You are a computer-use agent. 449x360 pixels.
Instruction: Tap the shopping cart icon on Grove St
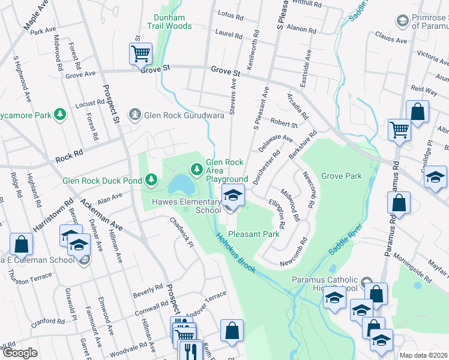140,54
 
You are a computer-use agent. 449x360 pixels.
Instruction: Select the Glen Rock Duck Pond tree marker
152,179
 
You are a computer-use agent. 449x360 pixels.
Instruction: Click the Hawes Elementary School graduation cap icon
233,194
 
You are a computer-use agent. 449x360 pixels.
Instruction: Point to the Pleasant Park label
254,234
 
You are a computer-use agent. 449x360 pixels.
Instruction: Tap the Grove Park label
341,176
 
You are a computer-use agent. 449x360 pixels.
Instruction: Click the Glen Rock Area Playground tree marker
196,170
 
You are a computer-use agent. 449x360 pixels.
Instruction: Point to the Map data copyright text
424,355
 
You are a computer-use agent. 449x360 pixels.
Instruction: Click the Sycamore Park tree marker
59,114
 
